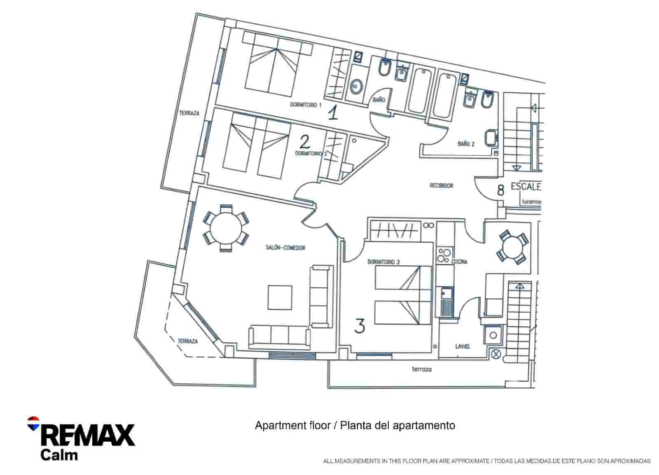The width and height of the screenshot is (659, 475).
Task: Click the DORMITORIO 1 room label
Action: tap(306, 105)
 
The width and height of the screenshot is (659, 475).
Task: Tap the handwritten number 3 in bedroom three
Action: tap(360, 326)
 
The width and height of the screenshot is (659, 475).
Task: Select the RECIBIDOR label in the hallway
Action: tap(442, 186)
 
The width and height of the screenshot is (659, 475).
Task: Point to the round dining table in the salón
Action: tap(226, 228)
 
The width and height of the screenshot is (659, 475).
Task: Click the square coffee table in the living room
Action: tap(280, 297)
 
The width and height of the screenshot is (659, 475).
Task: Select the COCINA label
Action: tap(459, 262)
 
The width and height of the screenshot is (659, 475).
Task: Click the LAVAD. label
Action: tap(463, 347)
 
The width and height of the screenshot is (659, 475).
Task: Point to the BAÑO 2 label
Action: tap(466, 144)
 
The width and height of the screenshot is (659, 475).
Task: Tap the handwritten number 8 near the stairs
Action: tap(500, 190)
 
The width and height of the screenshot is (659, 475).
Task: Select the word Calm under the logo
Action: tap(59, 455)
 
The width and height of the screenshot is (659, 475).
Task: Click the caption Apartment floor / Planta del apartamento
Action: tap(355, 425)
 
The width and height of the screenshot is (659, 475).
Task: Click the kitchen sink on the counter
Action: tap(446, 294)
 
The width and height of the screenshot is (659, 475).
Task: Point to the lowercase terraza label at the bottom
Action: tap(422, 370)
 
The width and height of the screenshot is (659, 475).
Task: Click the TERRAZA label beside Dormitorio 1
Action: tap(189, 113)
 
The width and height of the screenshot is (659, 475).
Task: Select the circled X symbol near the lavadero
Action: tap(496, 353)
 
